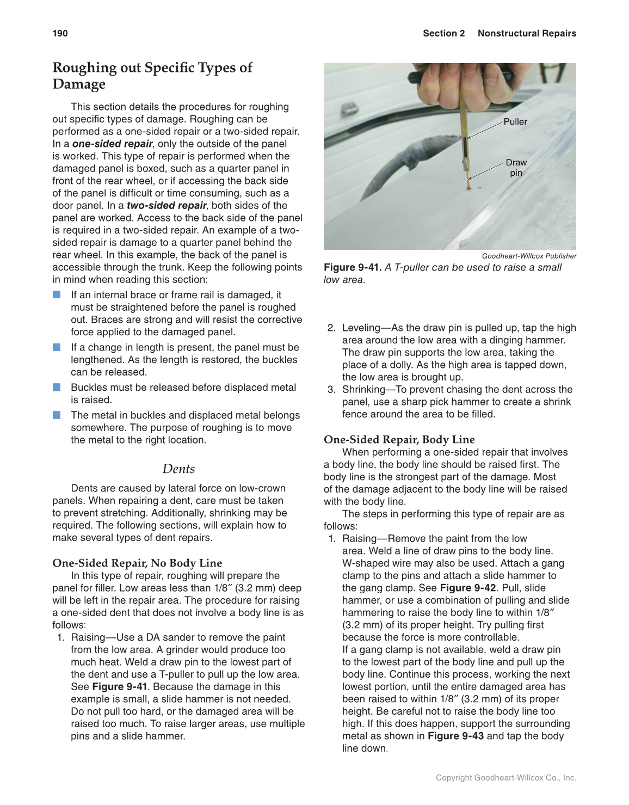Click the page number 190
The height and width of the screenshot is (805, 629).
[60, 33]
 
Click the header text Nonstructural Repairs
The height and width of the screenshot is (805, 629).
[526, 33]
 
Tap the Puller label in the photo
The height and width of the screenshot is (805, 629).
[515, 121]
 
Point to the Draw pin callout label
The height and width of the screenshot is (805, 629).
[516, 168]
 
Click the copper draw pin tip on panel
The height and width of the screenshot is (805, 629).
[469, 186]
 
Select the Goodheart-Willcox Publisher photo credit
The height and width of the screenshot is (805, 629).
[529, 256]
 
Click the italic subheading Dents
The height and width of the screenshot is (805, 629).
[178, 469]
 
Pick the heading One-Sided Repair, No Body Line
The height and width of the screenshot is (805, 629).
[137, 563]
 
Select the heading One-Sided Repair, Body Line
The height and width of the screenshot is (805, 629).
[399, 439]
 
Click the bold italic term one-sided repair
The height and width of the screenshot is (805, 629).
[112, 144]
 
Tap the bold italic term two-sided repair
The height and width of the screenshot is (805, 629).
[166, 205]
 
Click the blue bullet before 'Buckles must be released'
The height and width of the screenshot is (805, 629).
[57, 388]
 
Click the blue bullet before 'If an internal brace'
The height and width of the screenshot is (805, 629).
[57, 295]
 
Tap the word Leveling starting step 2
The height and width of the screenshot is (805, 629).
[361, 328]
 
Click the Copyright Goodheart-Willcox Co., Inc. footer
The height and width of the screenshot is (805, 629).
[505, 778]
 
